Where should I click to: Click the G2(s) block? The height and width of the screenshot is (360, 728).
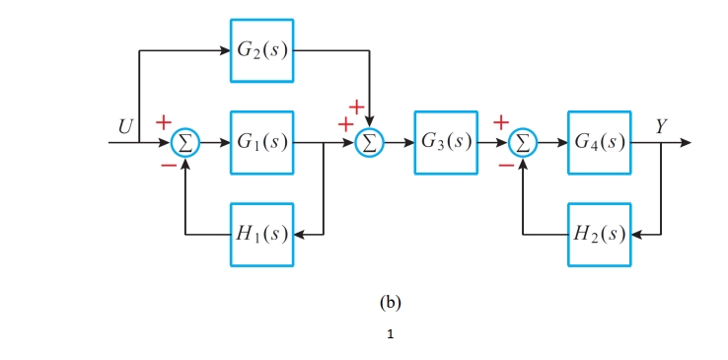tap(261, 49)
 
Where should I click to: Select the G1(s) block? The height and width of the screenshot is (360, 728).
tap(261, 142)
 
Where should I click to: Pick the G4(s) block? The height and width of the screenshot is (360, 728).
tap(598, 142)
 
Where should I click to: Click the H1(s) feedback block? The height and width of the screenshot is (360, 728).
tap(261, 235)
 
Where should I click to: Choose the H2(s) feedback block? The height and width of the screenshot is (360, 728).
tap(598, 235)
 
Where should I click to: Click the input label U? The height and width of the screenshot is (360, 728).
tap(126, 126)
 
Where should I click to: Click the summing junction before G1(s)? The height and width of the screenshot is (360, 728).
tap(184, 143)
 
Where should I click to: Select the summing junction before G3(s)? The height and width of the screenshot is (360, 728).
tap(369, 143)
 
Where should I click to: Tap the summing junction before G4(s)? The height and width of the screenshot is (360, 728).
tap(523, 143)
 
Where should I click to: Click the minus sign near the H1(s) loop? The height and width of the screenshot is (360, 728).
tap(169, 166)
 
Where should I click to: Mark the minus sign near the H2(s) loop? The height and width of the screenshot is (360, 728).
tap(506, 166)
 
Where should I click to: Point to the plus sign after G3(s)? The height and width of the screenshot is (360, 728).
tap(501, 122)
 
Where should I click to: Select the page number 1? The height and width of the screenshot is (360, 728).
tap(391, 335)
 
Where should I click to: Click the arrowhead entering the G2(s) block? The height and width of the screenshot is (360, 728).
tap(224, 49)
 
